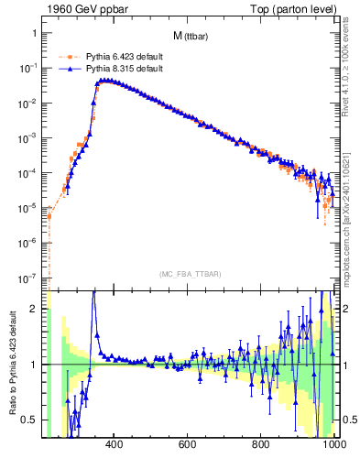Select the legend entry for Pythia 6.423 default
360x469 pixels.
pyautogui.click(x=115, y=55)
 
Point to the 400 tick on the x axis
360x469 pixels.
pyautogui.click(x=115, y=446)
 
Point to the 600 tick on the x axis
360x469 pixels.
pyautogui.click(x=188, y=446)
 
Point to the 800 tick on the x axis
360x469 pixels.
pyautogui.click(x=261, y=446)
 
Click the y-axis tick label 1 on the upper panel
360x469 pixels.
pyautogui.click(x=34, y=33)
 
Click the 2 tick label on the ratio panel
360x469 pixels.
pyautogui.click(x=34, y=310)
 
